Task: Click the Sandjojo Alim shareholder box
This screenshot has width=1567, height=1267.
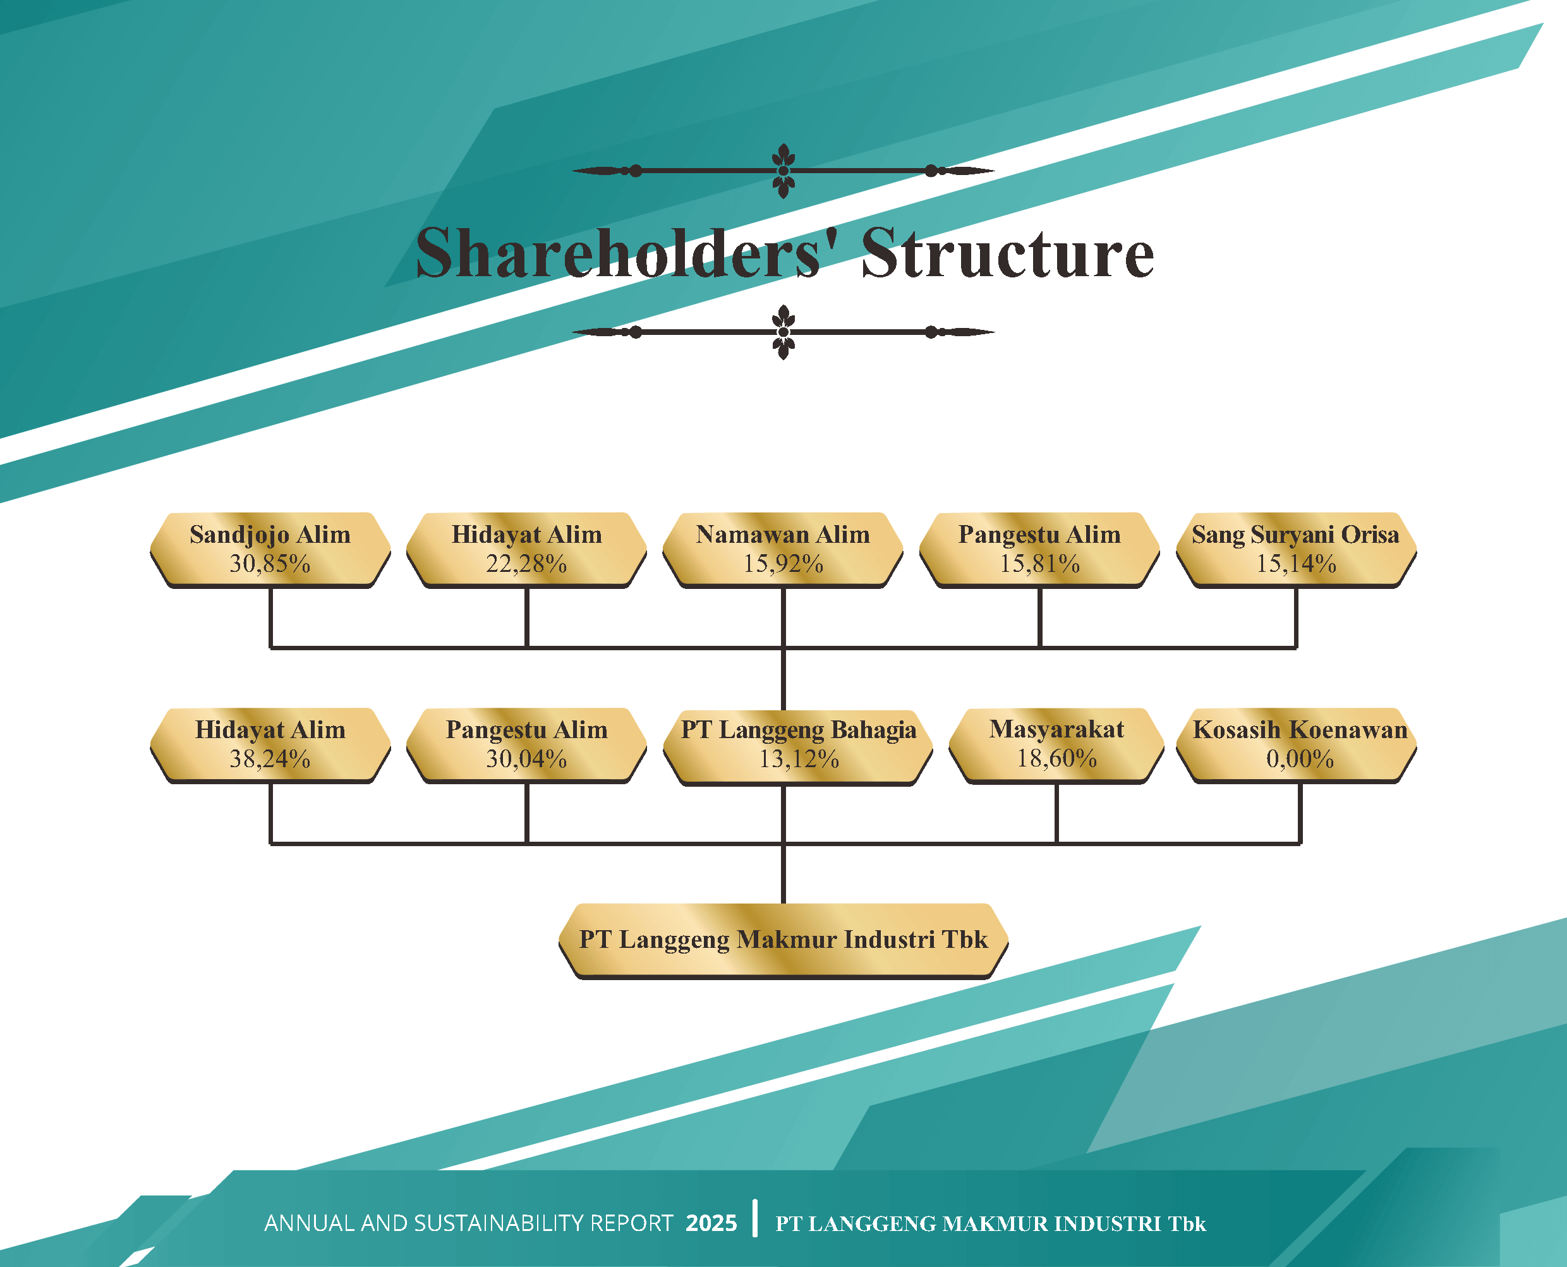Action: tap(270, 550)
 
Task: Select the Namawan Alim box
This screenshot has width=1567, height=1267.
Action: tap(783, 550)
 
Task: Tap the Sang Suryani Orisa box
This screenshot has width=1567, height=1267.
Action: tap(1296, 550)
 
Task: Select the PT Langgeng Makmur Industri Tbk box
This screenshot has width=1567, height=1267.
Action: tap(783, 942)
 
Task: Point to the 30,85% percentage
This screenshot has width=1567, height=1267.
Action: tap(270, 564)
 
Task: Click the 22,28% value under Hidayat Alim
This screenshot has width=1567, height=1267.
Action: tap(526, 564)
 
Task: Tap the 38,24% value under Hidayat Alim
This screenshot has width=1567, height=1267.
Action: tap(270, 760)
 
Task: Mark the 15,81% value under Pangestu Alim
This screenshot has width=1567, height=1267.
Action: tap(1039, 564)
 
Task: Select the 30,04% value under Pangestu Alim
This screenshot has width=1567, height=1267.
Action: tap(526, 760)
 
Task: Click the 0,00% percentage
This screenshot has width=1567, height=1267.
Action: tap(1300, 760)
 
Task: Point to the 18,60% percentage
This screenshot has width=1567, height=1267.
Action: tap(1057, 759)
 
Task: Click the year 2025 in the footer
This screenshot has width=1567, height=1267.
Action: tap(711, 1223)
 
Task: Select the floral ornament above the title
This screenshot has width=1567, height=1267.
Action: tap(783, 171)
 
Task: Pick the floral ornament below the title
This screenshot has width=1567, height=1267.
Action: tap(783, 332)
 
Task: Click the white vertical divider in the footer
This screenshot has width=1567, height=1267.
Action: tap(754, 1218)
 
